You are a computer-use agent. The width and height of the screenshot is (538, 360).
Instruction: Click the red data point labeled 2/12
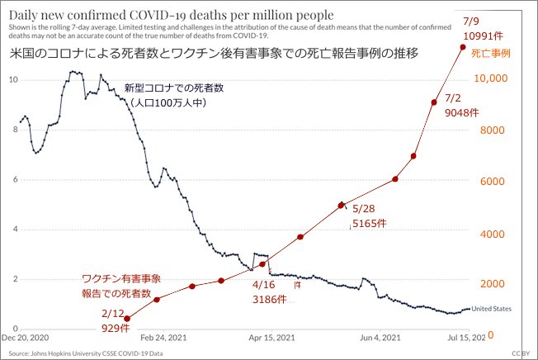126,318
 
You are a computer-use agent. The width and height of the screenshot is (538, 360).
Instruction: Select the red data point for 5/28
341,205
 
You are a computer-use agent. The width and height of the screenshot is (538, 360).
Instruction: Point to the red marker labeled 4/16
262,264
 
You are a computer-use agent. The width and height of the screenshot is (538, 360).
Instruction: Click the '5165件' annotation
367,223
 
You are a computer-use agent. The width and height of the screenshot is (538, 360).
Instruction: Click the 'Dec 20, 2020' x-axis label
26,338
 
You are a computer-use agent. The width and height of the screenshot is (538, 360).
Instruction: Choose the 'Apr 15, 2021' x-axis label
272,338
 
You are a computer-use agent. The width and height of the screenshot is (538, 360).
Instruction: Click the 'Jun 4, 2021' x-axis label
380,338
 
